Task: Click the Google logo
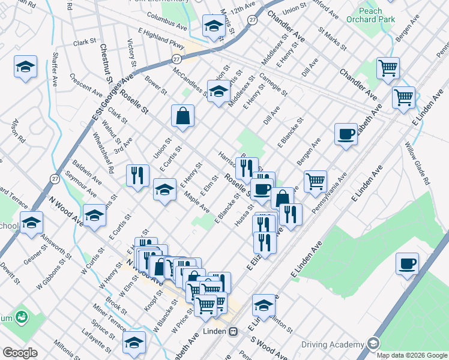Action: [20, 352]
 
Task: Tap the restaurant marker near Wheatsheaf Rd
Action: [137, 175]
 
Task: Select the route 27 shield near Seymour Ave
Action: [55, 178]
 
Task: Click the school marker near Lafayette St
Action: [134, 341]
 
